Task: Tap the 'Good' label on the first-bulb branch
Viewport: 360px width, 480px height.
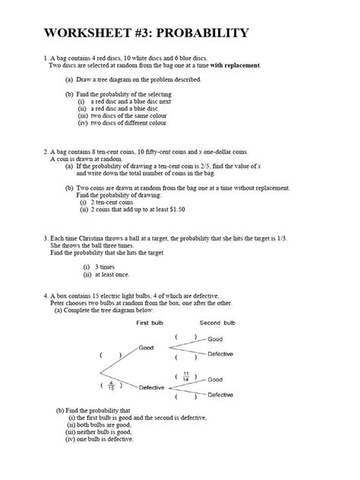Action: (x=146, y=347)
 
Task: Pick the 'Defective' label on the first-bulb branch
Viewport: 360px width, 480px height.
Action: (x=154, y=387)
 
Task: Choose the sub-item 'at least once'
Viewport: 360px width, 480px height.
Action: (x=115, y=275)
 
